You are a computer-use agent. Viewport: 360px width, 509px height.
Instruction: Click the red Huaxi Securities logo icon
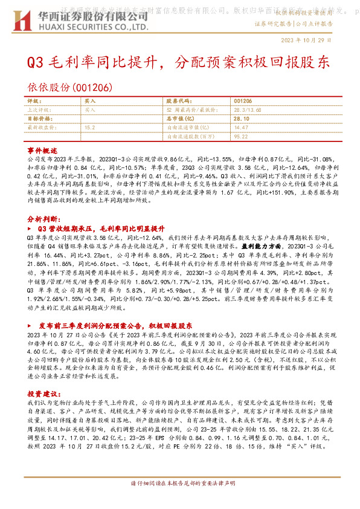point(24,21)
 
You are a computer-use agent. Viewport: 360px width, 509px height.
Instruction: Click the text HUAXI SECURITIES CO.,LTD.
point(93,27)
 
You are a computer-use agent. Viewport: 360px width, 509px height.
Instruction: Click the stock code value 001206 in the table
point(242,102)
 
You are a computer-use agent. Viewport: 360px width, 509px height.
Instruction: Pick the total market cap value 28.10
point(242,119)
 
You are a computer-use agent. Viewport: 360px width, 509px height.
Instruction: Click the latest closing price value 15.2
point(89,128)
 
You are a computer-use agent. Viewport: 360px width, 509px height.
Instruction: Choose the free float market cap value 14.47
point(240,128)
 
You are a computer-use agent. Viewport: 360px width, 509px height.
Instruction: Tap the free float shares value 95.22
point(240,137)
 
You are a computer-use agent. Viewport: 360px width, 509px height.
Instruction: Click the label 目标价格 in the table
point(38,119)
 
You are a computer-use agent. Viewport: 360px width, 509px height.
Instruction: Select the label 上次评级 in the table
point(38,111)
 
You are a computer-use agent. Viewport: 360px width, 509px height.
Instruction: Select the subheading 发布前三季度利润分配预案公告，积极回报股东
point(115,325)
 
